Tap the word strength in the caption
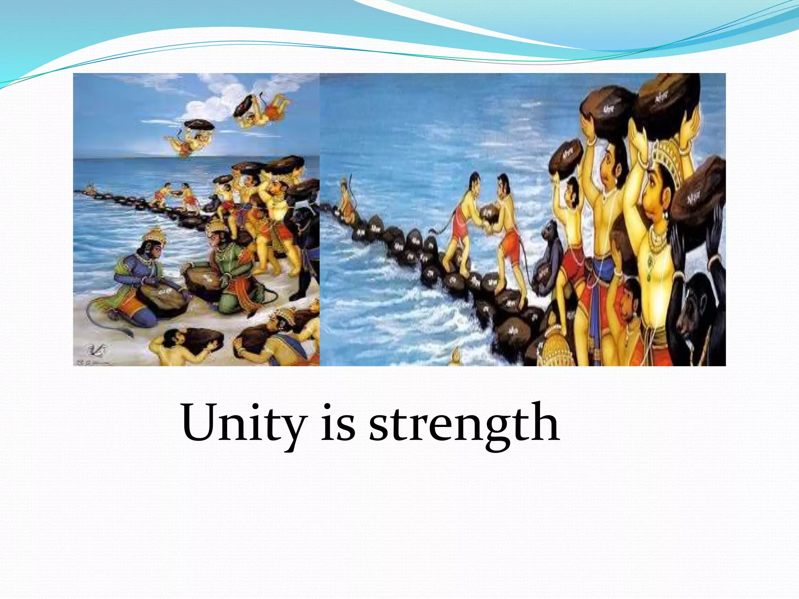464,425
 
